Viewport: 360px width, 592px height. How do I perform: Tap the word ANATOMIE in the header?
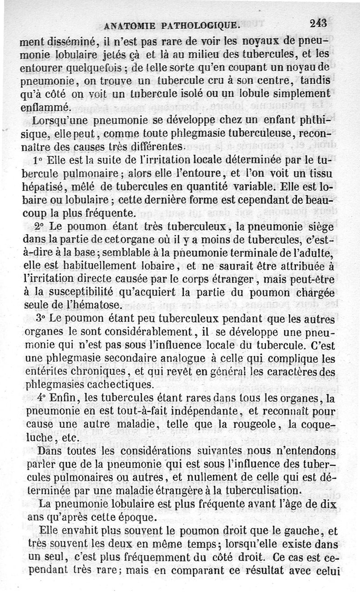pyautogui.click(x=128, y=26)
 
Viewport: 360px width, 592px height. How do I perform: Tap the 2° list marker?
pyautogui.click(x=40, y=225)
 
